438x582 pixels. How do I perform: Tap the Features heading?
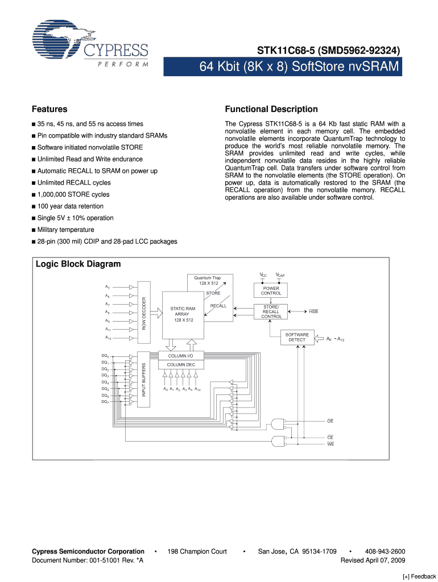coord(49,109)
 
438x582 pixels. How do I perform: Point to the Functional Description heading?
coord(271,109)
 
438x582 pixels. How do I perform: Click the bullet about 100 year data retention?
coord(71,206)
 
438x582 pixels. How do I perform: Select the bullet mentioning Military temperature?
coord(65,230)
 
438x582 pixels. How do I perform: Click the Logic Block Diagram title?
coord(78,264)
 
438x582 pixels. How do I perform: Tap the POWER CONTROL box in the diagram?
coord(271,290)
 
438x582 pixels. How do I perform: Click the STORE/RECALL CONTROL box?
coord(271,312)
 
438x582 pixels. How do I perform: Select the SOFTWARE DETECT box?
coord(297,337)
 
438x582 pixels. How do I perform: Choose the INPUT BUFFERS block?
coord(144,379)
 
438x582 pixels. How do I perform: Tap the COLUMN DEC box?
coord(180,364)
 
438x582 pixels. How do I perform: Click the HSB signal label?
coord(313,312)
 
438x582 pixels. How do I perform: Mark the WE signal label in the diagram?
coord(330,443)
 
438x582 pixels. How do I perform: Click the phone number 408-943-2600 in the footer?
coord(386,551)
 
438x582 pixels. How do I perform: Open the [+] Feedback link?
coord(419,576)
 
